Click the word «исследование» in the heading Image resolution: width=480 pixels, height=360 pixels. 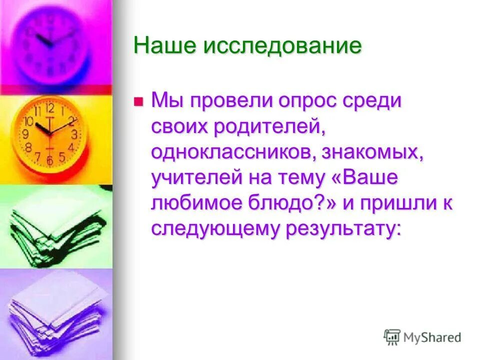282,46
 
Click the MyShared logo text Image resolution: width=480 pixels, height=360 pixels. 432,338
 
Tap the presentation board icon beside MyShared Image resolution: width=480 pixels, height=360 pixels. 392,337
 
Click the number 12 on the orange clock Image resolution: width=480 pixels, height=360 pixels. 49,108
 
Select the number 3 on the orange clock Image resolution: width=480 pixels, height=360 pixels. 74,134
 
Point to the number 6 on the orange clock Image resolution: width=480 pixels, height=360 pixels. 49,160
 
